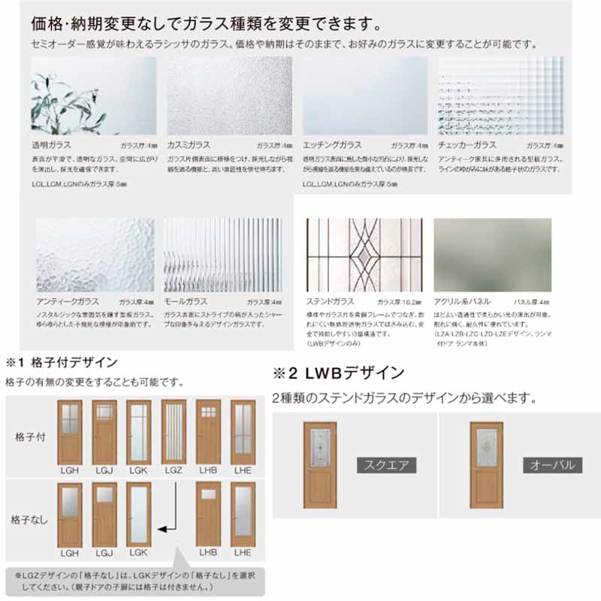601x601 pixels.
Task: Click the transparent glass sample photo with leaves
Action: (94, 95)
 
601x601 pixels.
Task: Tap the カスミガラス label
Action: (189, 144)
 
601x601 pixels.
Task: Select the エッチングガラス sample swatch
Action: (364, 95)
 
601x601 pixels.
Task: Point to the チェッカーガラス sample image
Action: (500, 95)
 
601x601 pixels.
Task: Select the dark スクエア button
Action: (386, 465)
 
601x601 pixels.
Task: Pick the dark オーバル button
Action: (552, 465)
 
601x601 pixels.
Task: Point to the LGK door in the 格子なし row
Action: (138, 514)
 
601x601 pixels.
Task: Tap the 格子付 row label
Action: (29, 436)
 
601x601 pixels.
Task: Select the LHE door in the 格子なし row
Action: (243, 514)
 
